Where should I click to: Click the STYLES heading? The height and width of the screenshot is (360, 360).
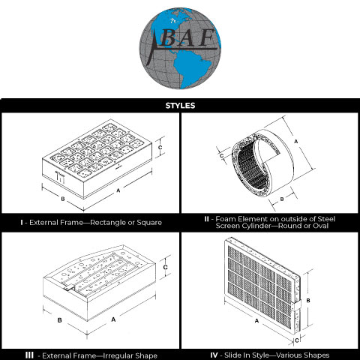tap(180, 106)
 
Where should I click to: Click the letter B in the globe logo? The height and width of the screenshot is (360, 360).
tap(166, 39)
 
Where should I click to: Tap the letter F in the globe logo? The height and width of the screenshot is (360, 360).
tap(206, 38)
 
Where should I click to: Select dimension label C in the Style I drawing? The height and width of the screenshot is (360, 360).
tap(160, 148)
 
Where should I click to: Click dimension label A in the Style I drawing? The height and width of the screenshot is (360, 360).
tap(118, 190)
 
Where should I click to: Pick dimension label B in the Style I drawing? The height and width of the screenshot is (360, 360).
tap(63, 199)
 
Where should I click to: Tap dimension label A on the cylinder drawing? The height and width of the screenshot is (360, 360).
tap(296, 142)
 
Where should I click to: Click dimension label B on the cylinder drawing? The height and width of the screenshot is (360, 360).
tap(282, 199)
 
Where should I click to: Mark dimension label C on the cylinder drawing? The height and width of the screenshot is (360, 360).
tap(221, 156)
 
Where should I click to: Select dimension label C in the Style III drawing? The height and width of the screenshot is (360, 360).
tap(165, 267)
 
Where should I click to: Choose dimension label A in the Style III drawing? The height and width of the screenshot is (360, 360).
tap(113, 319)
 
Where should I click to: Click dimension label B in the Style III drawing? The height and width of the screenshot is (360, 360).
tap(59, 320)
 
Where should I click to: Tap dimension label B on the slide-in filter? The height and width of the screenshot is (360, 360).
tap(308, 301)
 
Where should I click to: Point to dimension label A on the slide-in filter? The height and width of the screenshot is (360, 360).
tap(256, 321)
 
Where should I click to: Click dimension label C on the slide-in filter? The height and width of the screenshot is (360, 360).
tap(297, 340)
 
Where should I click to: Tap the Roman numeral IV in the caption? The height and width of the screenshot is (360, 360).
tap(214, 355)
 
